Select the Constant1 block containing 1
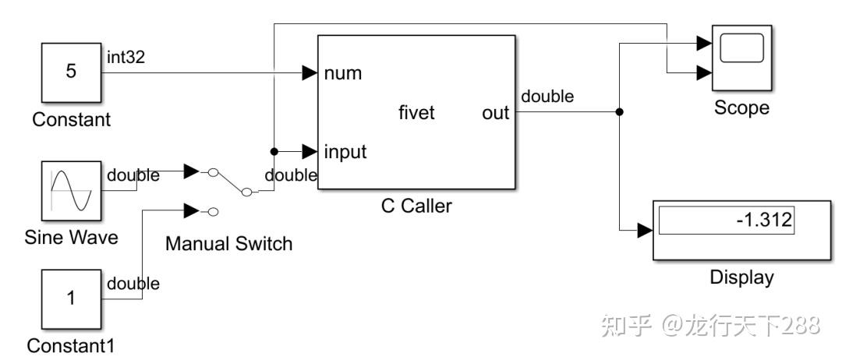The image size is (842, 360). tap(71, 299)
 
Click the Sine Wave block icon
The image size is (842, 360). tap(71, 191)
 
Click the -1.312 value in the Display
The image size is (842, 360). tap(763, 221)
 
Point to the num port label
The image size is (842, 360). tap(342, 74)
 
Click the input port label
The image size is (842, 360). tap(345, 150)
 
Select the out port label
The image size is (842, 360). tap(495, 113)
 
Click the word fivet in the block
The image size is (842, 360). tap(416, 113)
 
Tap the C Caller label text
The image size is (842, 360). tap(416, 206)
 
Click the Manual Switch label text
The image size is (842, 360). tap(228, 244)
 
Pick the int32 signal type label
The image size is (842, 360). tap(126, 56)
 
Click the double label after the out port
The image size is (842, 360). tap(547, 97)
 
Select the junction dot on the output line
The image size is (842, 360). tap(620, 112)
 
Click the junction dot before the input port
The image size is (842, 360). tap(274, 151)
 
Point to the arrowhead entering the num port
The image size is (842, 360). tap(310, 74)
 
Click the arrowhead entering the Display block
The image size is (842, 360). tap(644, 231)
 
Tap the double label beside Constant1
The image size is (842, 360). tap(133, 284)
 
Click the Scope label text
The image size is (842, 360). tap(741, 108)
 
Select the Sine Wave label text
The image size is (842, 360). tap(71, 237)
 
